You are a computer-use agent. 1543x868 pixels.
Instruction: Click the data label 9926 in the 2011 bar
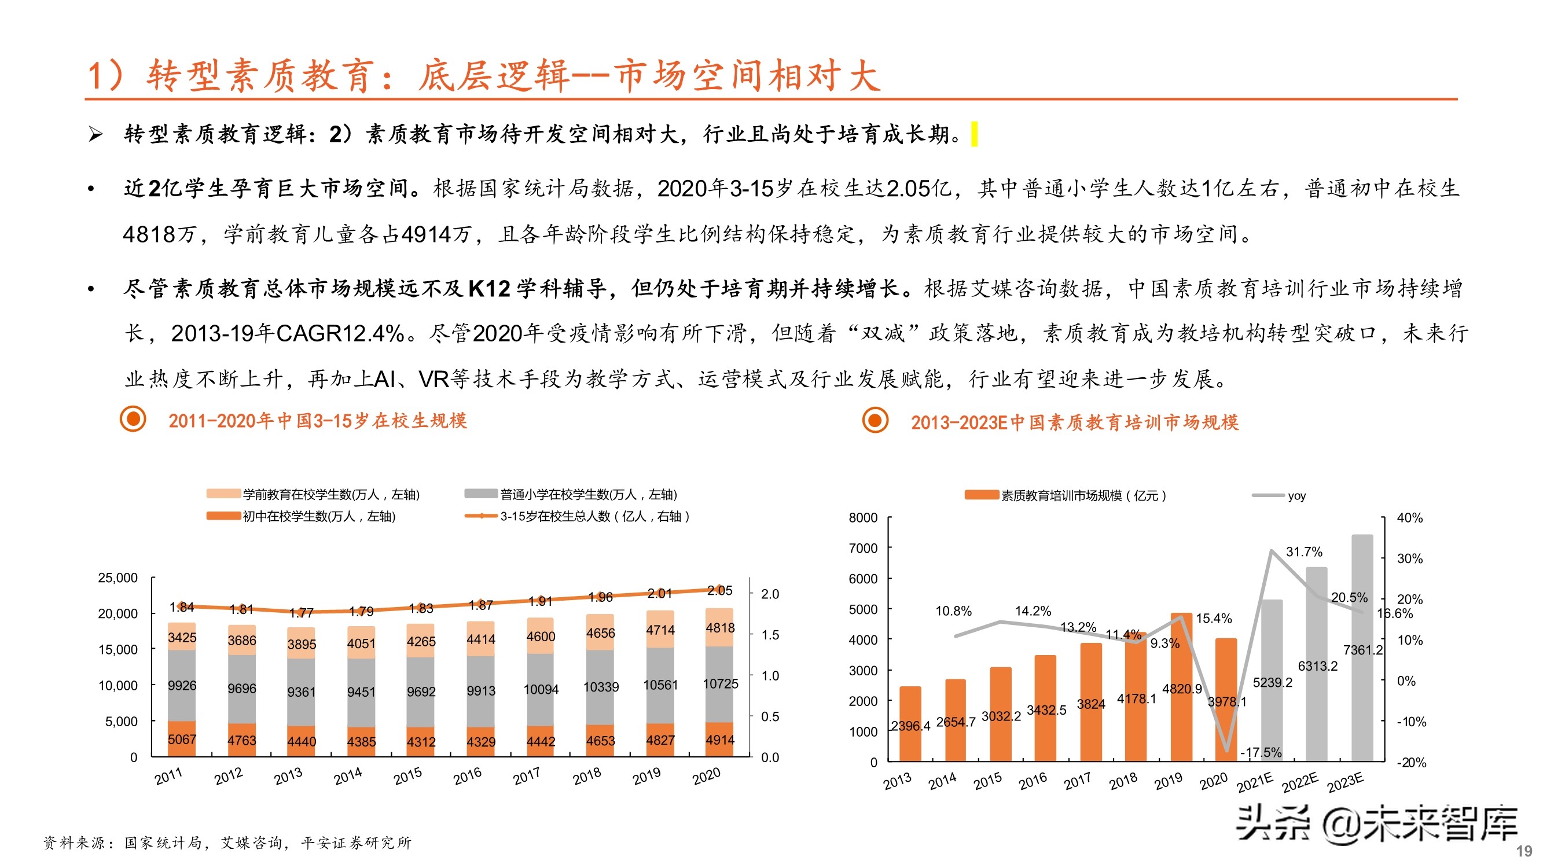pos(182,685)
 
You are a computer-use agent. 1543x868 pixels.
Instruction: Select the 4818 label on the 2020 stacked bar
pos(719,628)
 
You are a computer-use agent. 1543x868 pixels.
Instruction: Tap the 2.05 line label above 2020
pos(719,591)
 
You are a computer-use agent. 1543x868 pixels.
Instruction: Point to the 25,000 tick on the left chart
pos(117,578)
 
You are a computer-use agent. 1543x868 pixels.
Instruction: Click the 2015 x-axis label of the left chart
pos(408,777)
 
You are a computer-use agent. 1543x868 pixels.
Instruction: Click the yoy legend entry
pos(1296,496)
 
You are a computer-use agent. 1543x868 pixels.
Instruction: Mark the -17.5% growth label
pos(1261,752)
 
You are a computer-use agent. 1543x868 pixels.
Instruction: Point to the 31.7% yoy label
pos(1303,551)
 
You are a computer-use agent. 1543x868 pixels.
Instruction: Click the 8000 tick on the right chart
pos(862,518)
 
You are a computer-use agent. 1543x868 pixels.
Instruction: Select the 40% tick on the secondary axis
pos(1409,518)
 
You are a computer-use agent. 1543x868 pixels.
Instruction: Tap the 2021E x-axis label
pos(1255,782)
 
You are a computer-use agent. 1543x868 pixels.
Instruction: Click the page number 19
pos(1524,851)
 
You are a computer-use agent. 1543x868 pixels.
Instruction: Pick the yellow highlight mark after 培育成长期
pos(975,134)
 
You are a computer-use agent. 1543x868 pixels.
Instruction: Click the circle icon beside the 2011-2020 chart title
pos(133,419)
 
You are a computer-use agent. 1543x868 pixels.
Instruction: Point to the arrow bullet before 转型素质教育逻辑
pos(95,134)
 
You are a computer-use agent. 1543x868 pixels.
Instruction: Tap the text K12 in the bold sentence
pos(489,289)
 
